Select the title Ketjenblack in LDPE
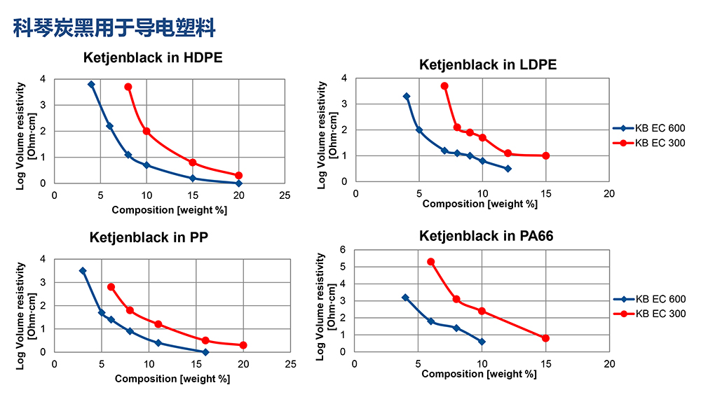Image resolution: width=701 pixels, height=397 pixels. [x=488, y=64]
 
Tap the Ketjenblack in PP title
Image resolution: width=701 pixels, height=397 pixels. [x=148, y=237]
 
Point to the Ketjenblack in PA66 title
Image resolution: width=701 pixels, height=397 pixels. [x=486, y=236]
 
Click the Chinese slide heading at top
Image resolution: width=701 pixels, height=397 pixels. [x=114, y=28]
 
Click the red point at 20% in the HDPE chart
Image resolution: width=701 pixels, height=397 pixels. [x=238, y=175]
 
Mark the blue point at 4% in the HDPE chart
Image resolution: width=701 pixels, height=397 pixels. [x=91, y=85]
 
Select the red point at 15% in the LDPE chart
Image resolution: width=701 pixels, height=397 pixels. [x=545, y=155]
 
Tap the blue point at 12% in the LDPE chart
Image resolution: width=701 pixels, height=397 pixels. [x=508, y=169]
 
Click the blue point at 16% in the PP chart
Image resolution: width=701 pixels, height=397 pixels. [x=205, y=352]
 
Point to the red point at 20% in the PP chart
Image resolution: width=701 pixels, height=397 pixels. [x=243, y=345]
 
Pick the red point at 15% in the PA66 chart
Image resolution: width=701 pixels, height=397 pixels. [x=545, y=338]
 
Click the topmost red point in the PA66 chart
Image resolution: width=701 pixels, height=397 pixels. [x=431, y=262]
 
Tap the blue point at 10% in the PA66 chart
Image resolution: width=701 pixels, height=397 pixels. [x=482, y=342]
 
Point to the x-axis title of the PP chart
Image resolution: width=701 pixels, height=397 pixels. [x=172, y=379]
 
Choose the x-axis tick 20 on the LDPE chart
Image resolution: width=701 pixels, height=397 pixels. [x=609, y=193]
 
